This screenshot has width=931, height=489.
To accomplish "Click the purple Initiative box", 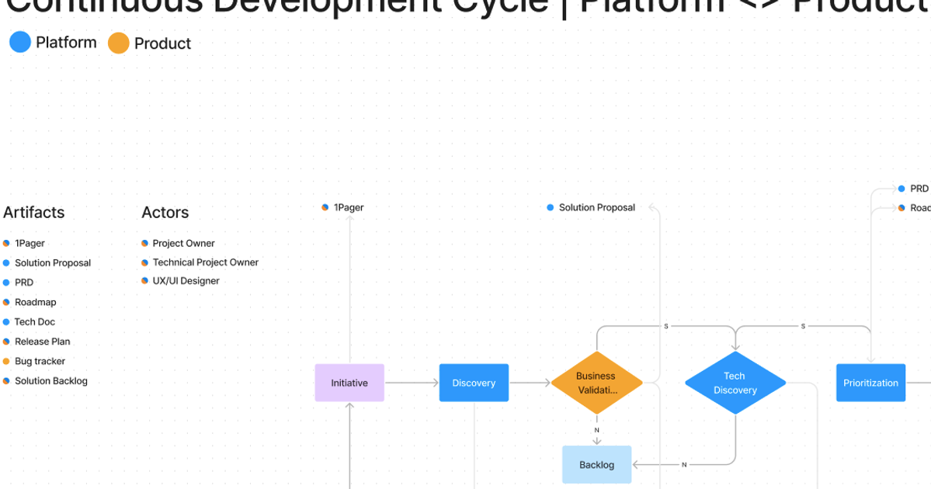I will (349, 383).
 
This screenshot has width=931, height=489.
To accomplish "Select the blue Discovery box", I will (474, 383).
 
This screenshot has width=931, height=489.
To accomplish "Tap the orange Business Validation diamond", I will (596, 383).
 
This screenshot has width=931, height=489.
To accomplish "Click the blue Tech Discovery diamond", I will (735, 383).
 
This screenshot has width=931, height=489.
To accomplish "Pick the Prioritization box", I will (870, 383).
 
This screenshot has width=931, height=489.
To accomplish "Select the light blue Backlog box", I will (596, 465).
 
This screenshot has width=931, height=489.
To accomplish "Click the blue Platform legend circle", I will (20, 42).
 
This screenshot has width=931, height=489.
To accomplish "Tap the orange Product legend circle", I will (119, 43).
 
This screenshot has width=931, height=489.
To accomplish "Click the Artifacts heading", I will (34, 213).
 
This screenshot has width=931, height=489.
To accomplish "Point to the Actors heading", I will (165, 213).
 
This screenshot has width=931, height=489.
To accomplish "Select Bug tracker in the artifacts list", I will (40, 361).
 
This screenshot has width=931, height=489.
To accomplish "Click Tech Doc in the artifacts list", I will (35, 321).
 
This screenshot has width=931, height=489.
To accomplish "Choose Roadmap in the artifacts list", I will (36, 302).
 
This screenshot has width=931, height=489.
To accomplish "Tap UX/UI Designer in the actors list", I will (186, 281).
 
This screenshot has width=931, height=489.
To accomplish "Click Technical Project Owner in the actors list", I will (205, 262).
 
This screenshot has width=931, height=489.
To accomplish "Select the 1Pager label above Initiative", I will (348, 207).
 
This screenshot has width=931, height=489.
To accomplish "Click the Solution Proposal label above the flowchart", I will (596, 207).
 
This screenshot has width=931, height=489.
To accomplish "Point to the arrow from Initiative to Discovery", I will (412, 383).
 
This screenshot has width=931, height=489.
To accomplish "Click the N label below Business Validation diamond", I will (596, 430).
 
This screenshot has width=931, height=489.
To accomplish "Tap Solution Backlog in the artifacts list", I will (51, 381).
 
